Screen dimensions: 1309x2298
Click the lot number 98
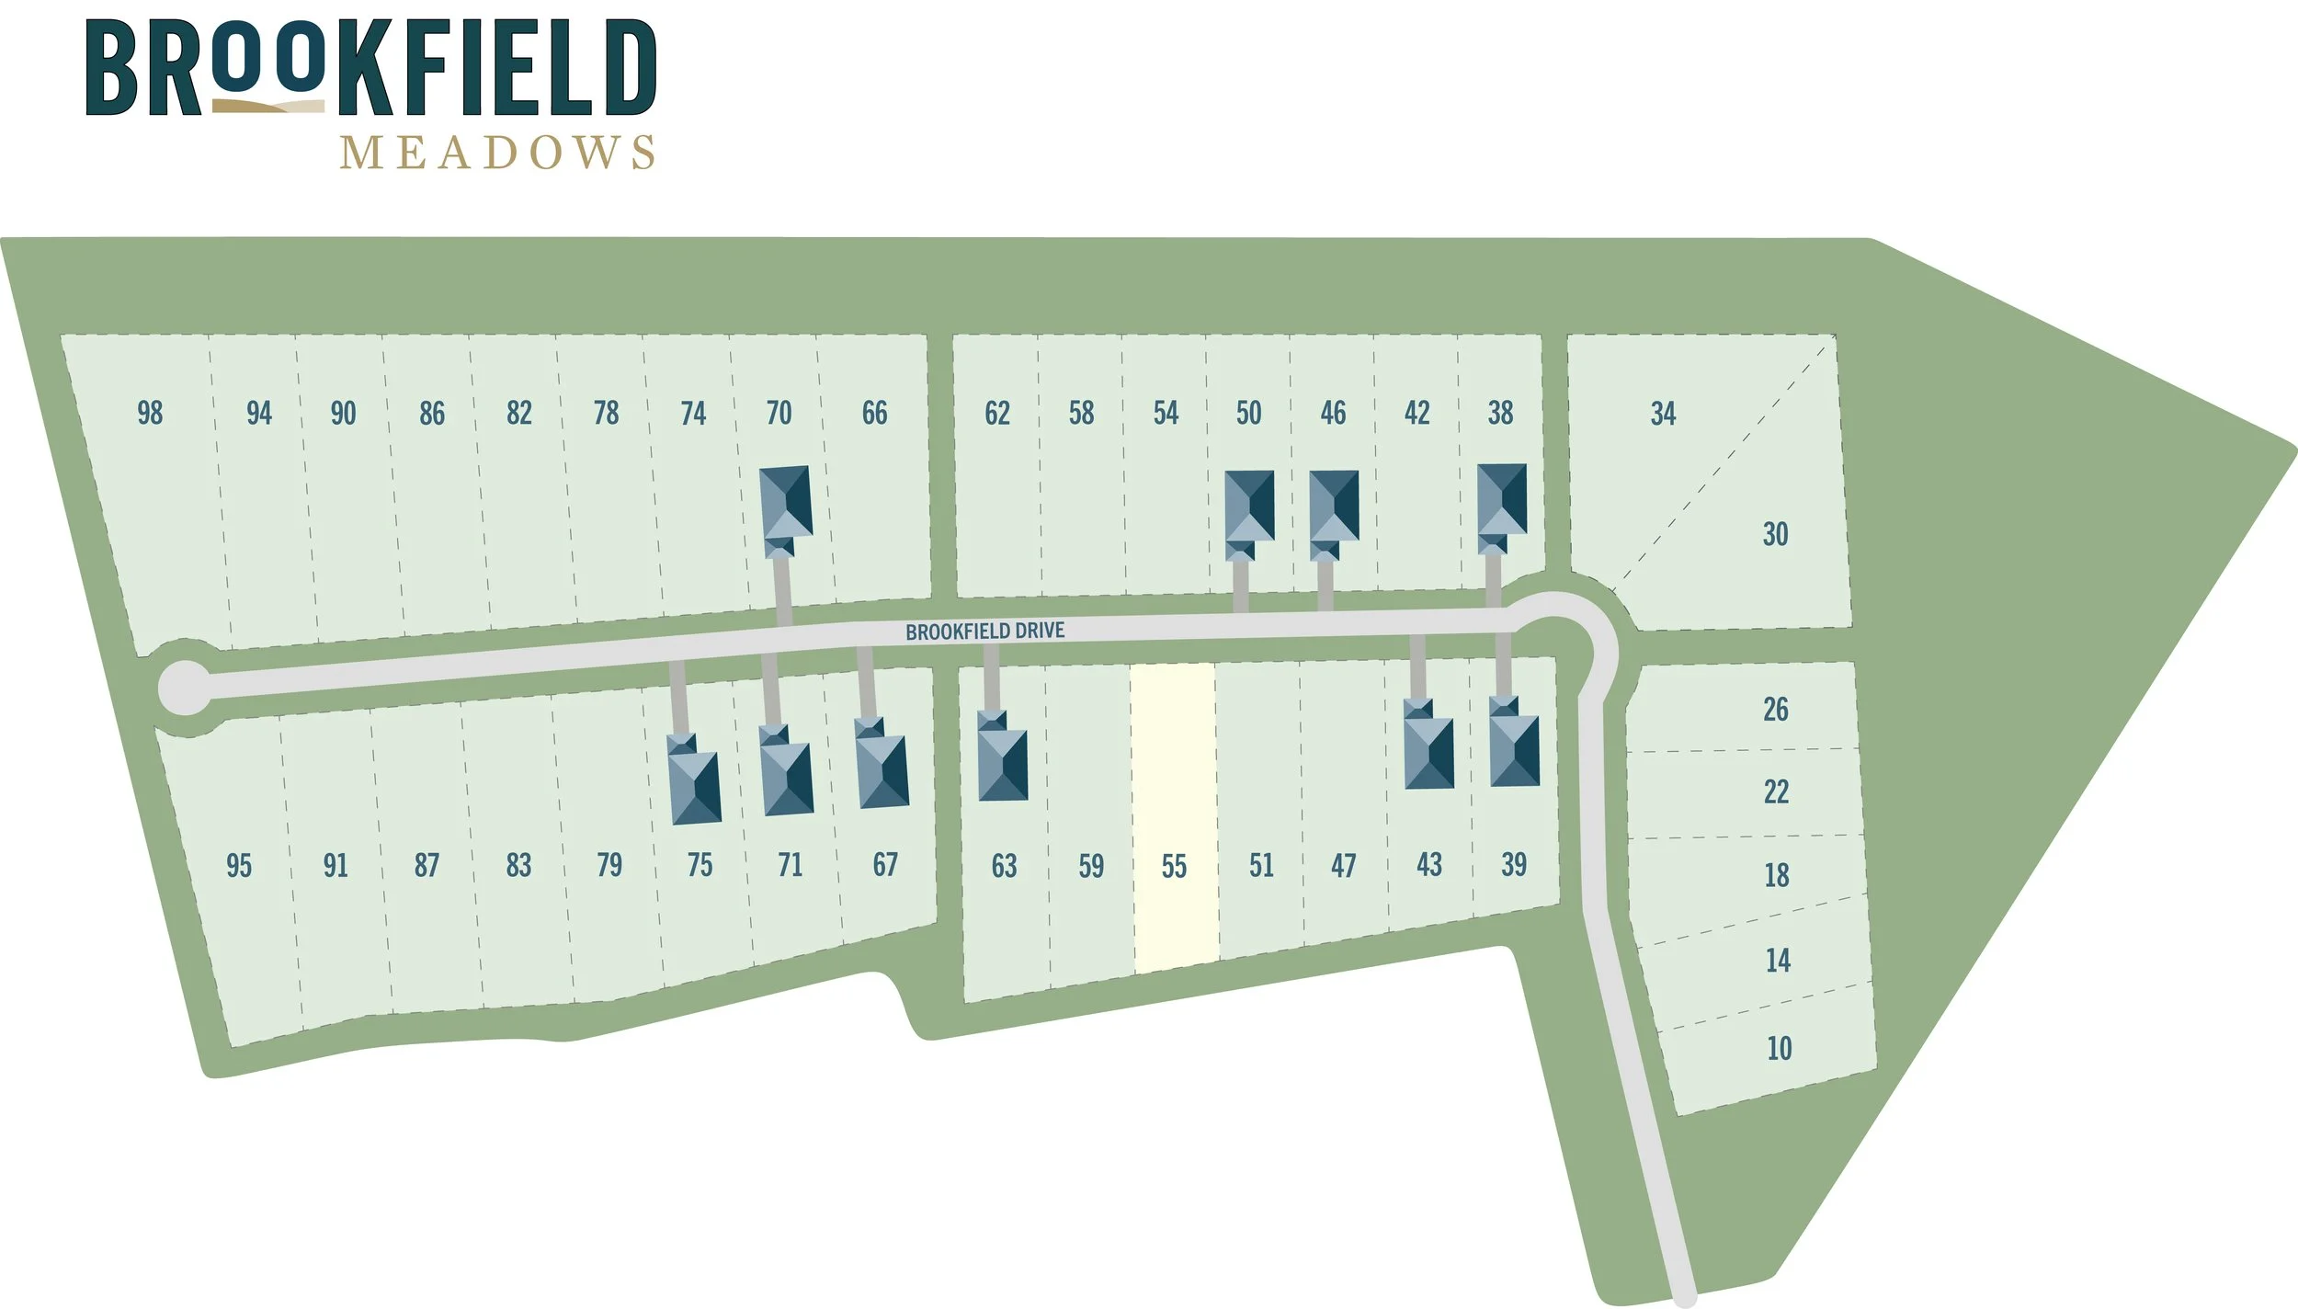(x=150, y=413)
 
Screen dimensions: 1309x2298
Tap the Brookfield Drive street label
(x=984, y=632)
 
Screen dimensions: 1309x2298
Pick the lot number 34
(x=1663, y=414)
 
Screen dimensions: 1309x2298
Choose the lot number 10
(x=1779, y=1049)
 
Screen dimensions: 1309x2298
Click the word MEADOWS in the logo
(x=497, y=153)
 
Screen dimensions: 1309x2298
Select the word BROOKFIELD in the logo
(x=370, y=68)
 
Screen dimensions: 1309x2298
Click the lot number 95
(x=239, y=866)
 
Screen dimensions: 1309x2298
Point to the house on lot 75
(x=694, y=780)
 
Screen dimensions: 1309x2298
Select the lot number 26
(x=1775, y=709)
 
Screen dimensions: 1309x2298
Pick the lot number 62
(x=997, y=414)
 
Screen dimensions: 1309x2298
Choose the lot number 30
(x=1775, y=534)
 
